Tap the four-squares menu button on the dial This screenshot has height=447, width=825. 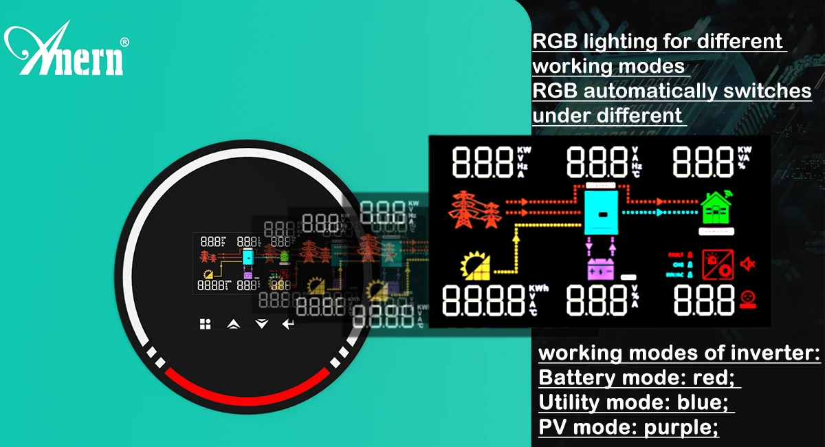[x=205, y=324]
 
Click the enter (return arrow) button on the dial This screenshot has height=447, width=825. [x=287, y=324]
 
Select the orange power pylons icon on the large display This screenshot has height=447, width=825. [x=473, y=209]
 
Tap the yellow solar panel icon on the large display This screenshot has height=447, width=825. [x=476, y=267]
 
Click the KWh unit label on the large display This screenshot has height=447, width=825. [x=539, y=288]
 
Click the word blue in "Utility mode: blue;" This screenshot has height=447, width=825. [x=701, y=402]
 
